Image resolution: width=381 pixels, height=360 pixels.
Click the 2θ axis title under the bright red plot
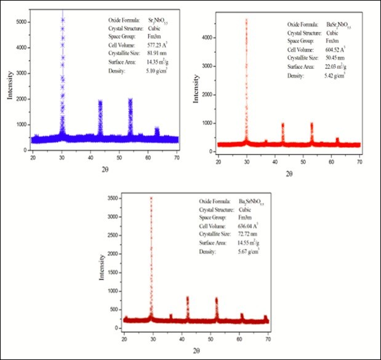pyautogui.click(x=289, y=173)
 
